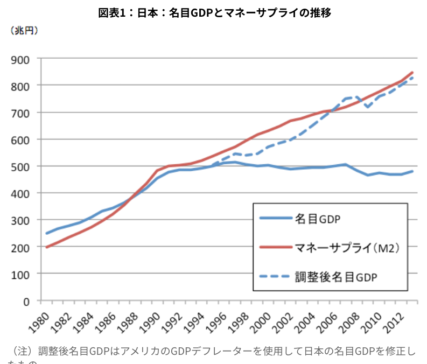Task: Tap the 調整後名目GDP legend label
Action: tap(337, 277)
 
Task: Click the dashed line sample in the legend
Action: tap(275, 277)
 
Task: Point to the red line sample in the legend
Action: tap(275, 248)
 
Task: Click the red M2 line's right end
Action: tap(412, 72)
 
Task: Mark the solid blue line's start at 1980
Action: tap(47, 233)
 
